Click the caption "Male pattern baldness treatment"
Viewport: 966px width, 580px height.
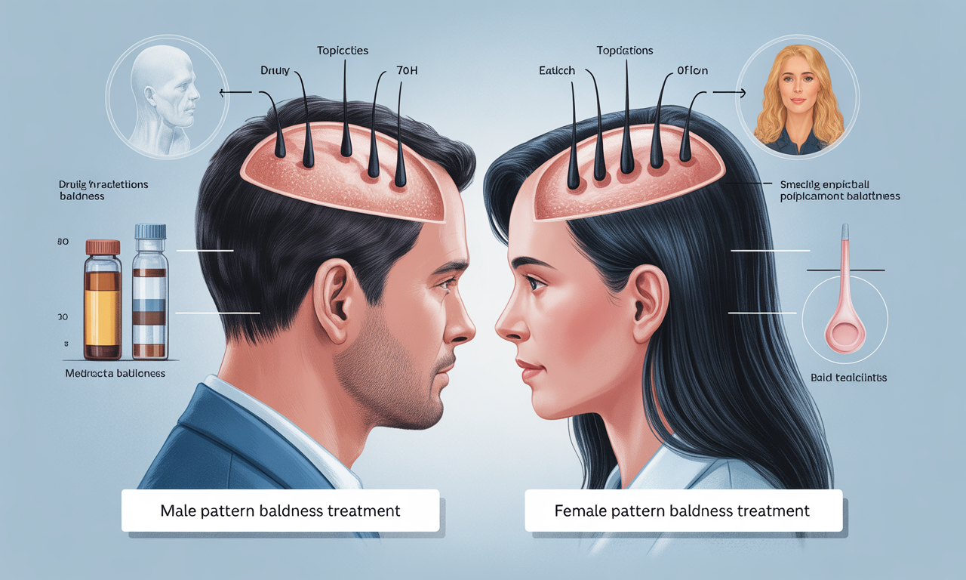[x=280, y=511]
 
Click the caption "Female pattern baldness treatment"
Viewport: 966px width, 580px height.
[x=681, y=511]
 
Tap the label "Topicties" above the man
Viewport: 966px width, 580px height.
[x=343, y=51]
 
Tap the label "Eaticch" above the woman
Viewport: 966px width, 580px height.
[x=557, y=70]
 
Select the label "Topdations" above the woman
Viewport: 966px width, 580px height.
[x=624, y=51]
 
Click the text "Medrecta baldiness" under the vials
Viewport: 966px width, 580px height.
[x=115, y=373]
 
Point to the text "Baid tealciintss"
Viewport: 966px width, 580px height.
[x=848, y=377]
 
